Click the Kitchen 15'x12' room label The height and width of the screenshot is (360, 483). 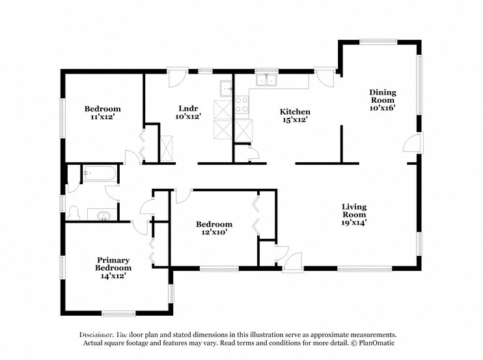(294, 115)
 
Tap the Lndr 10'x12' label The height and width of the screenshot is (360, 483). (188, 112)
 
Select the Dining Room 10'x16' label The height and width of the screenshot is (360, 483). (383, 100)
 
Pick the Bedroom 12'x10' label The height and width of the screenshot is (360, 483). (214, 228)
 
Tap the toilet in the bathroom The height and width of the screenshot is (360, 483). (74, 213)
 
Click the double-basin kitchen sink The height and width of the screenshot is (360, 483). (266, 81)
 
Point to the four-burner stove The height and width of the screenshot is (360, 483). (241, 105)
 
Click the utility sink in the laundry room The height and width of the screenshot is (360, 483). (226, 87)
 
